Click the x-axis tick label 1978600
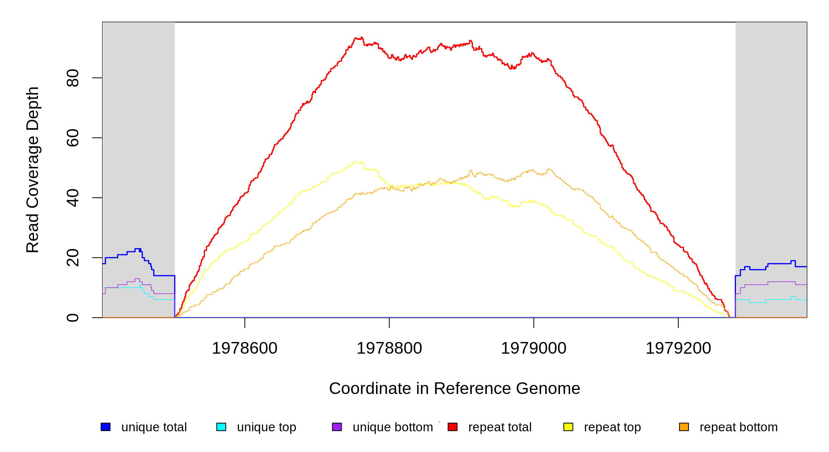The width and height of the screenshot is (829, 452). tap(245, 348)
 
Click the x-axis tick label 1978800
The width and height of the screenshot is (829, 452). tap(389, 348)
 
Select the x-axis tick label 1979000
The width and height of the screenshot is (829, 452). tap(534, 348)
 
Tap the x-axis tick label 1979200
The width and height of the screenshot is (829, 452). tap(678, 348)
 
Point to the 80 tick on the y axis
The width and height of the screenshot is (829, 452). tap(72, 78)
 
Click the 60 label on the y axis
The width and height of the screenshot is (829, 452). tap(72, 138)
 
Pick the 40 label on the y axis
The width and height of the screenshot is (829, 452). tap(72, 198)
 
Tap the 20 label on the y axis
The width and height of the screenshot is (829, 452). tap(72, 258)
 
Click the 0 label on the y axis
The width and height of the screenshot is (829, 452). tap(72, 318)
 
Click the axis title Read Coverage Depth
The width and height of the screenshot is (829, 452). tap(32, 169)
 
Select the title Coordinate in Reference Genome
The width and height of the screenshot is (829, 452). tap(454, 388)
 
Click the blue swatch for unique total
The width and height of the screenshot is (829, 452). tap(106, 427)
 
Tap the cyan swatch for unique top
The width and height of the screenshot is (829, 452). tap(221, 427)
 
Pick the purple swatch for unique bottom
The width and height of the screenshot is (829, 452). tap(337, 427)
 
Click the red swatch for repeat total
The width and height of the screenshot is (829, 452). tap(453, 427)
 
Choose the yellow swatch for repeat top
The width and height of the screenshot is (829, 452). tap(568, 427)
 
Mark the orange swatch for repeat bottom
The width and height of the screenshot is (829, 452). tap(684, 427)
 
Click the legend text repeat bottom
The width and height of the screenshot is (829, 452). tap(739, 427)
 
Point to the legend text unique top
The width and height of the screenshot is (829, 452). tap(266, 427)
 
